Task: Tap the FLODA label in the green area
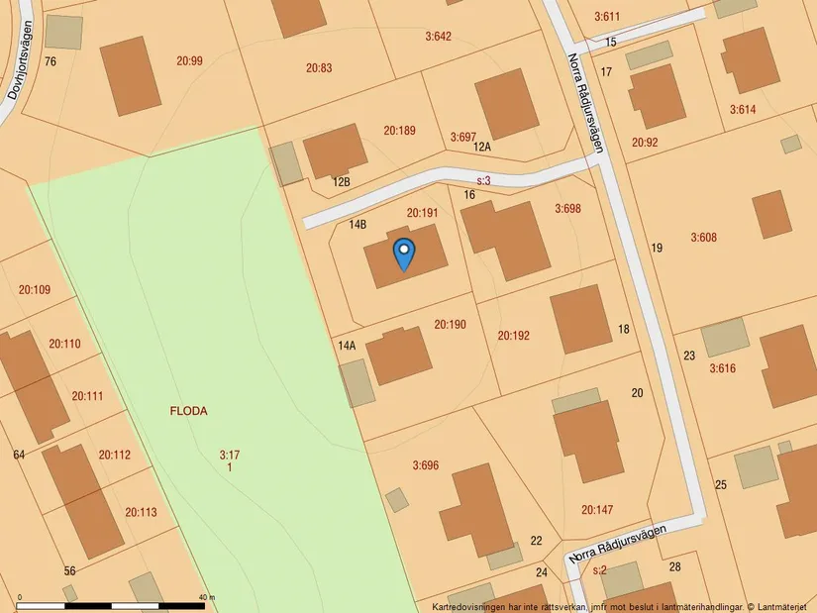point(188,411)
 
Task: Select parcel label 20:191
point(422,213)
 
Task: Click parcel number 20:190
point(450,325)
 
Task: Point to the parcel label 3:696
point(425,464)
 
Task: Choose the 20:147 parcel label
point(597,510)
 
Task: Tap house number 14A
point(347,346)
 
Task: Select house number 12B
point(342,182)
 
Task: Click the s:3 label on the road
point(484,181)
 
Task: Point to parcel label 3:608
point(703,238)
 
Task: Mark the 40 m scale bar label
point(206,598)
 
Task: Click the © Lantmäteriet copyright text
point(777,606)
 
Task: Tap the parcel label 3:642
point(438,37)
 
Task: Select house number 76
point(51,61)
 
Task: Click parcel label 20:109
point(34,290)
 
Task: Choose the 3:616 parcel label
point(722,368)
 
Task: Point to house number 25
point(720,484)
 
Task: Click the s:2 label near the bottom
point(598,570)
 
